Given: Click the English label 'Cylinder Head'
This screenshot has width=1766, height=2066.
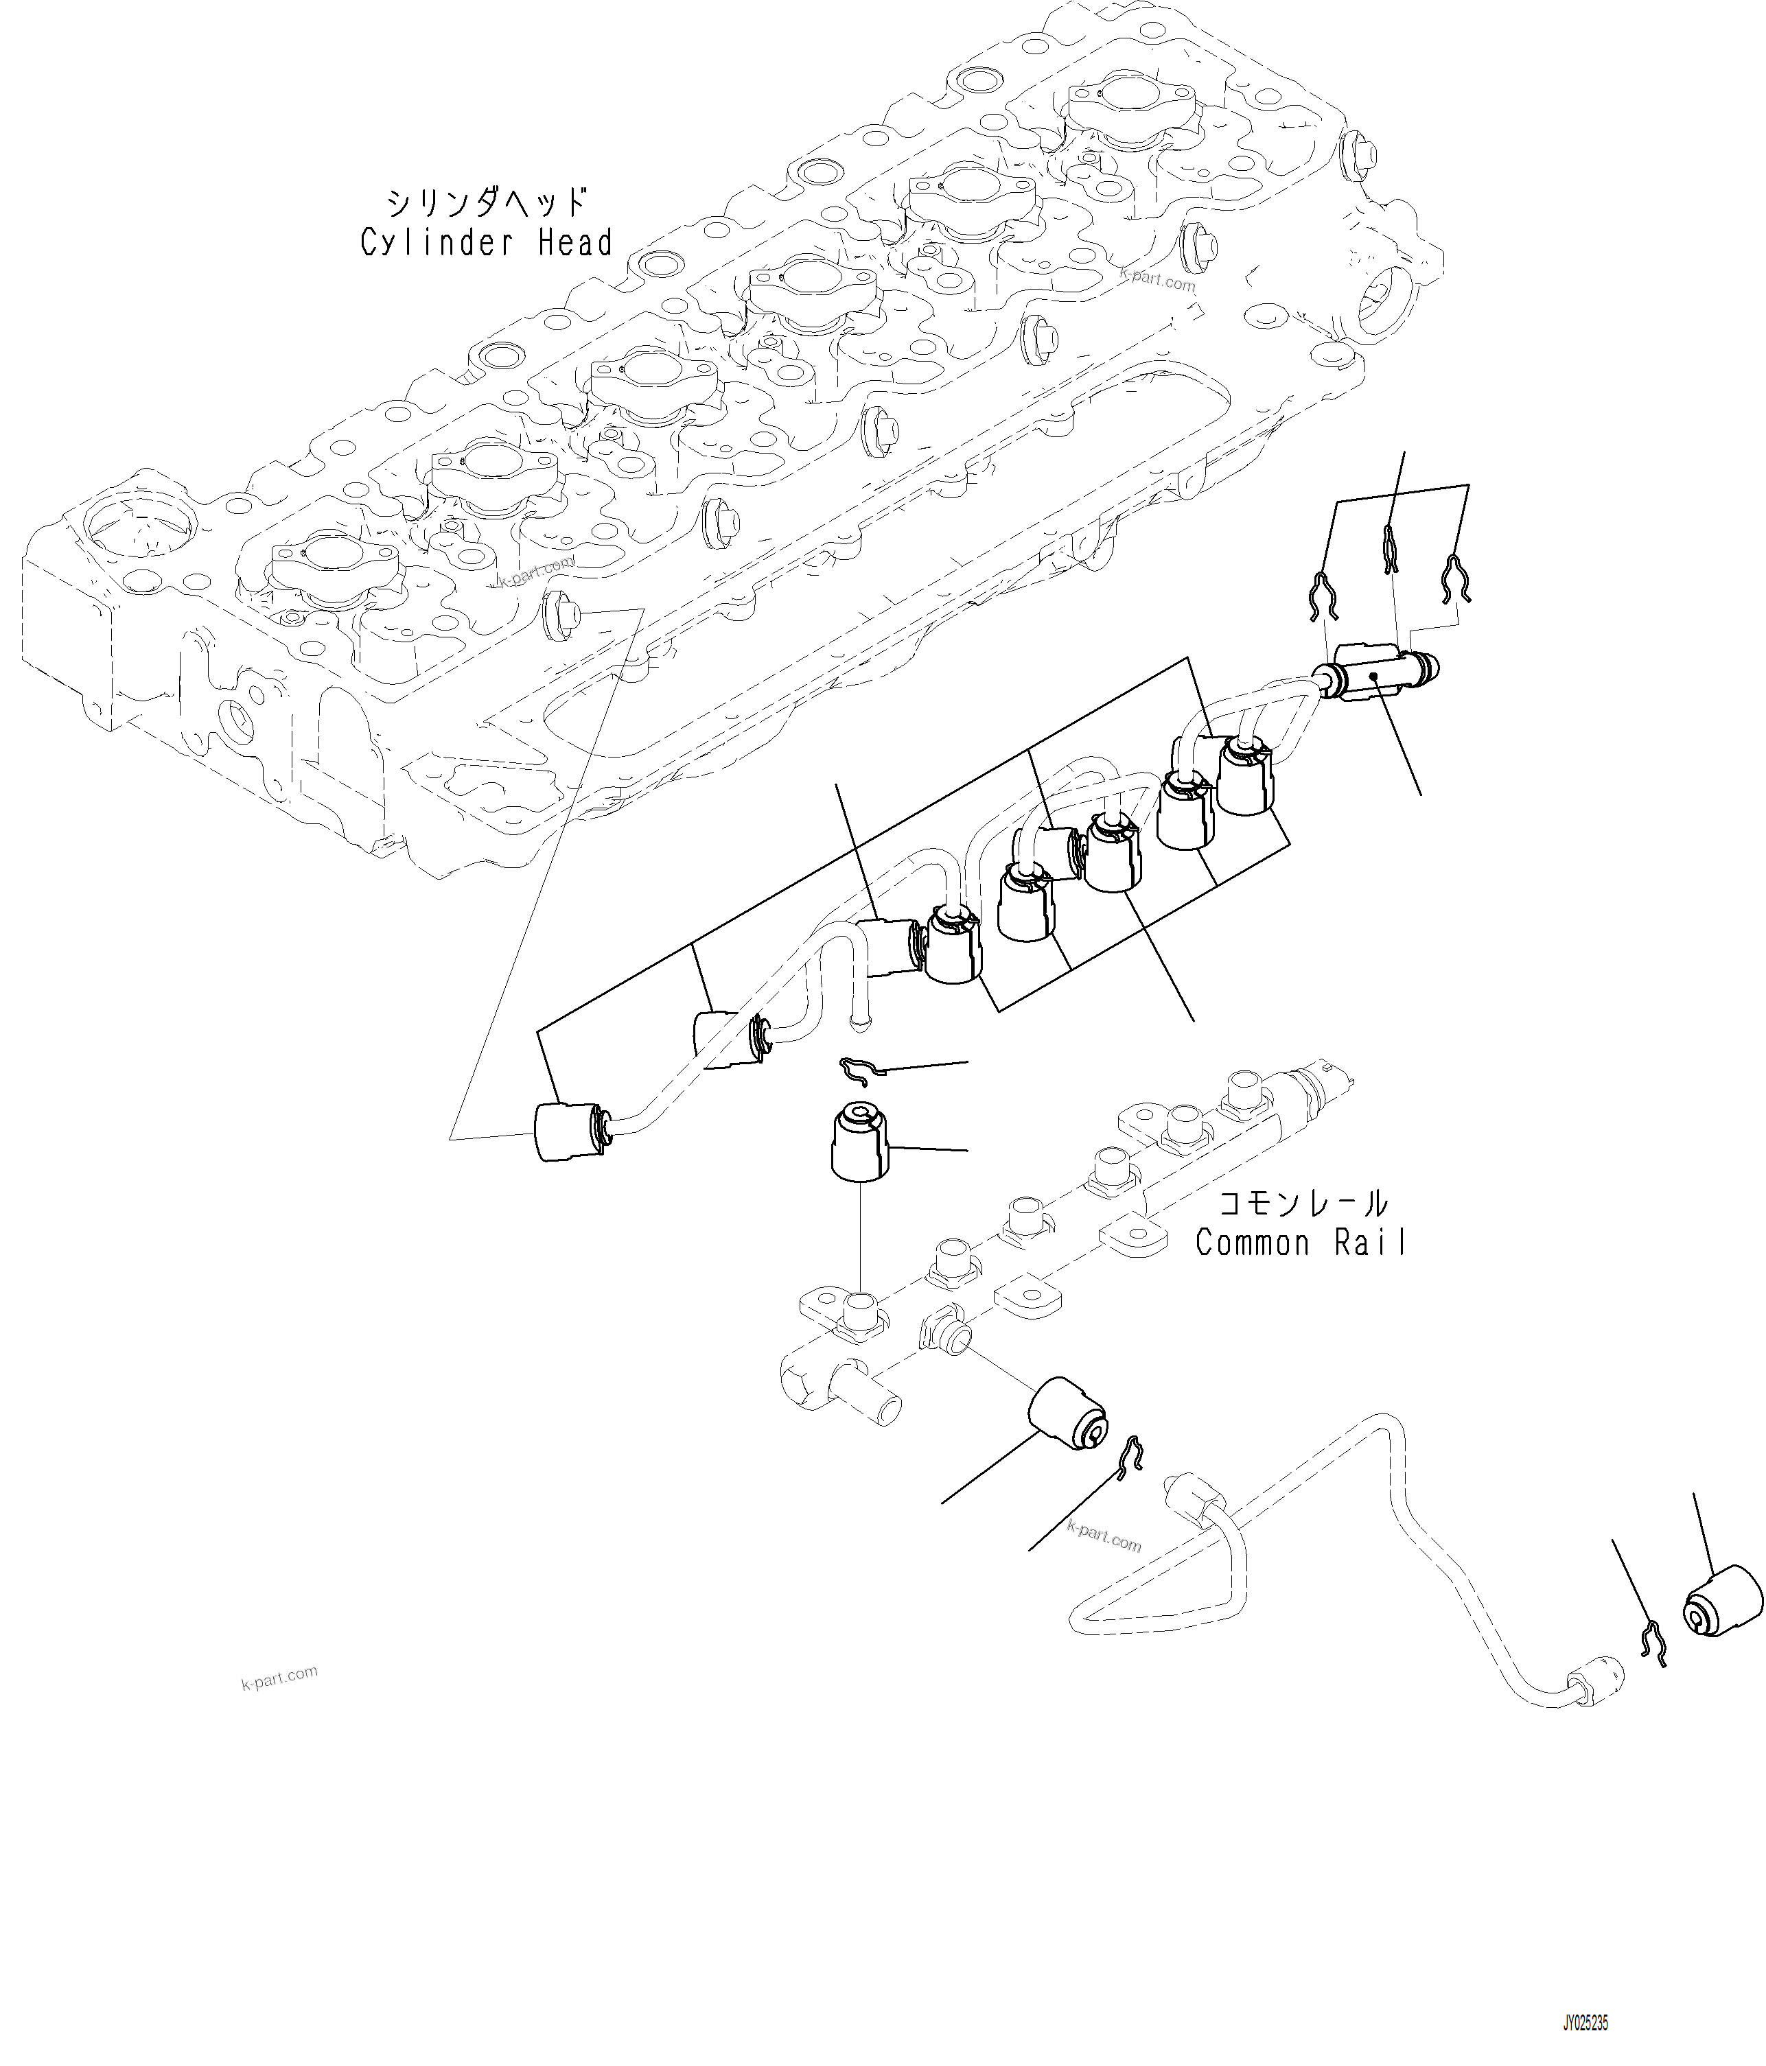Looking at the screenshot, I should click(x=486, y=242).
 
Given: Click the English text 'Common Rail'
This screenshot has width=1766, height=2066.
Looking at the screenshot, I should click(x=1301, y=1243).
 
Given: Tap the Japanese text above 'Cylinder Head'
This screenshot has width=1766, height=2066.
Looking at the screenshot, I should click(x=486, y=202).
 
